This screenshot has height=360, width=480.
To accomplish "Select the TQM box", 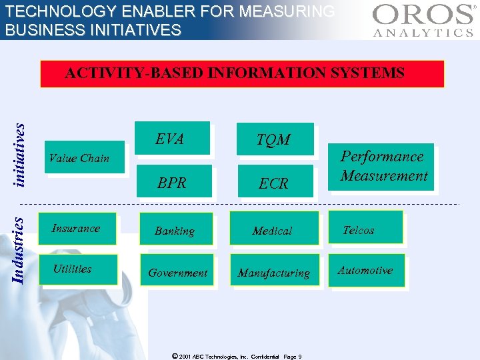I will click(x=273, y=139).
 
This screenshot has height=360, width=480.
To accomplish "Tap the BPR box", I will click(x=172, y=182).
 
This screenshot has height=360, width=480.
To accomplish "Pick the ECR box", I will click(x=273, y=183).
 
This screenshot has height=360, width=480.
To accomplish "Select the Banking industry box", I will click(x=175, y=231).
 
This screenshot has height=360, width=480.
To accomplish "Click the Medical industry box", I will click(x=272, y=231).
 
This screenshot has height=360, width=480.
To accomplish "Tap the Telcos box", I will click(x=365, y=229).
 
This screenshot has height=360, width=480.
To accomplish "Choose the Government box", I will click(x=177, y=272).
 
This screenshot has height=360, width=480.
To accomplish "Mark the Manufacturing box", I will click(x=273, y=272).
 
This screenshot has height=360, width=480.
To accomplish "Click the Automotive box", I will click(x=365, y=270).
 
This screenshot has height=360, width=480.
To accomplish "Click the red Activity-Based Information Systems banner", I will click(x=242, y=73).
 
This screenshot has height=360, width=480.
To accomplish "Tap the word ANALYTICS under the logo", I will click(x=423, y=33).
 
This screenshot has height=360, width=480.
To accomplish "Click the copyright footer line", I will click(x=245, y=356).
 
